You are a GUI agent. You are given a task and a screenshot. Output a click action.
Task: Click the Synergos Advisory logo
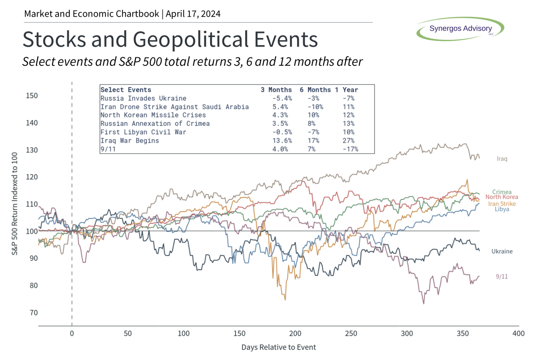(x=460, y=29)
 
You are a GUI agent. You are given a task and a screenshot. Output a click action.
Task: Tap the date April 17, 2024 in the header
(x=193, y=14)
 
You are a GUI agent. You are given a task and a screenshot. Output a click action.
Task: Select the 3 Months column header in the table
(x=276, y=90)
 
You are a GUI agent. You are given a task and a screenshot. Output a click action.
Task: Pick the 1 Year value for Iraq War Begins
(x=348, y=140)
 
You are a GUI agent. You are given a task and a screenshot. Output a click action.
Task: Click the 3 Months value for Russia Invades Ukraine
(x=282, y=98)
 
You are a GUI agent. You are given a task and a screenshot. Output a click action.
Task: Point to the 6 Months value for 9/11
(x=311, y=149)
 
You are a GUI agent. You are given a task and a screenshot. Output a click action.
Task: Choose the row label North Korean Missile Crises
(x=153, y=115)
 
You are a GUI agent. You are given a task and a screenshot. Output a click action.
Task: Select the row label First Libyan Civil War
(x=143, y=132)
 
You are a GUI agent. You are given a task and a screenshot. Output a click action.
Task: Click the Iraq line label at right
(x=502, y=159)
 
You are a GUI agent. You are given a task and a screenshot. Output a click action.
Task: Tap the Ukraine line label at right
(x=502, y=251)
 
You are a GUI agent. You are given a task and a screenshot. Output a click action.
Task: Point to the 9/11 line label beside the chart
(x=502, y=277)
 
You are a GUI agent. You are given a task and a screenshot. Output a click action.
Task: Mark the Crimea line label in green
(x=502, y=192)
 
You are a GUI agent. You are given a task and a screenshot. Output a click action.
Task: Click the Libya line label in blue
(x=502, y=209)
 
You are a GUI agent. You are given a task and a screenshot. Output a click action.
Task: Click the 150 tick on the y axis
(x=32, y=96)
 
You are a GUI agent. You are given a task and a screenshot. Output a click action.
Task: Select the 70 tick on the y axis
(x=34, y=313)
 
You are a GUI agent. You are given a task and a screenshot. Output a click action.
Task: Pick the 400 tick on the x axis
(x=518, y=333)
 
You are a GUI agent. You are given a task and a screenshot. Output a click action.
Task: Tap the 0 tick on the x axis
(x=72, y=333)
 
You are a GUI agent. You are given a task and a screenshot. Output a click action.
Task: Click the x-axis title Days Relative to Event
(x=278, y=347)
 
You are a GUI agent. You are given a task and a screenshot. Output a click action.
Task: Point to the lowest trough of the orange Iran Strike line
(x=285, y=299)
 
